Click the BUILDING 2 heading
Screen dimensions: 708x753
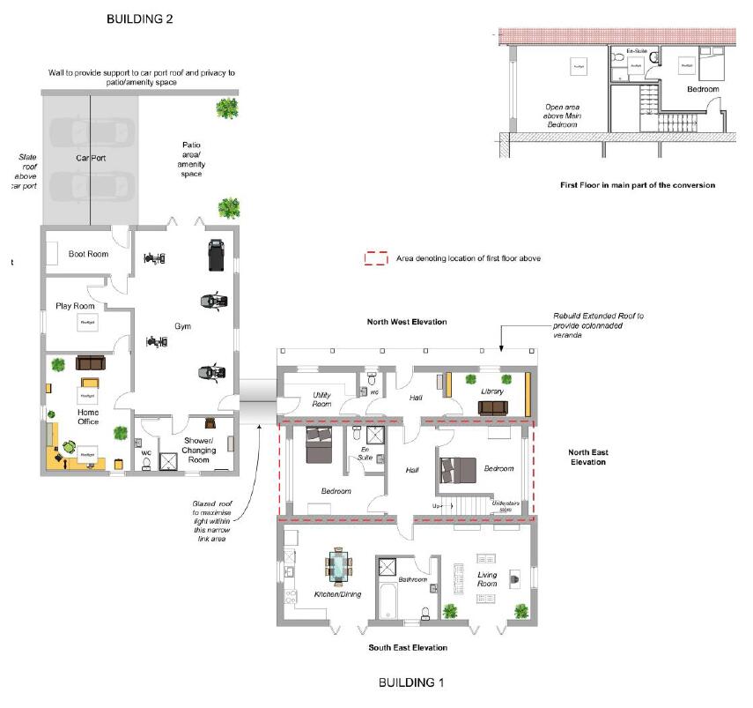point(139,19)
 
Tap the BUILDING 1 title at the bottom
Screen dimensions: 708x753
point(411,682)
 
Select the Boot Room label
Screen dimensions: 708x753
point(88,255)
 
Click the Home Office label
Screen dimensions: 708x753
point(88,416)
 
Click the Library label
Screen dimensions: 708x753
point(491,391)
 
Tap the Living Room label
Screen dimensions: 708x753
point(487,580)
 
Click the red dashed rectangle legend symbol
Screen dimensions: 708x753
point(377,259)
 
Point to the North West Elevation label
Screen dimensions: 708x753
point(407,322)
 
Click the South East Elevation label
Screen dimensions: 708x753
point(408,647)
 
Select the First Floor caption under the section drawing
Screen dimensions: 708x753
point(637,185)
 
